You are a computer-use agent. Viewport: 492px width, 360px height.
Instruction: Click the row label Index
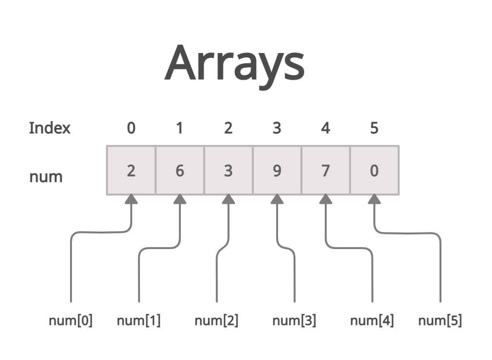[50, 128]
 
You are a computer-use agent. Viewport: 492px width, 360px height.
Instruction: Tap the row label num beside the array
[46, 176]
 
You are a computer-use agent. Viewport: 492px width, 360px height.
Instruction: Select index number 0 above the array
[131, 128]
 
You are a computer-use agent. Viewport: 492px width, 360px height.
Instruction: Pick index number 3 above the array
[277, 128]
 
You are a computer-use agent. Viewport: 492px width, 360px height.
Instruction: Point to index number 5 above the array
[374, 128]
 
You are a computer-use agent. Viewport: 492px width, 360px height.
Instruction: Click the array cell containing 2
[131, 171]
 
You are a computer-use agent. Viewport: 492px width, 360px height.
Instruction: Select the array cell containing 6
[180, 171]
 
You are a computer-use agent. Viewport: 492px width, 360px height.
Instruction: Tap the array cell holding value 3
[228, 171]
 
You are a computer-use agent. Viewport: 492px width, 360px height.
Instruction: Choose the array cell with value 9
[277, 171]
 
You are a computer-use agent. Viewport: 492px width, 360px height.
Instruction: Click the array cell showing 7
[326, 171]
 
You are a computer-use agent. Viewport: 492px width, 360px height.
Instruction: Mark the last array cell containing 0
[374, 171]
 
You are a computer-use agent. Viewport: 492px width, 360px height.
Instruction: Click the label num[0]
[70, 321]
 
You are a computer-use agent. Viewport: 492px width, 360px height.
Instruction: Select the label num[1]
[139, 321]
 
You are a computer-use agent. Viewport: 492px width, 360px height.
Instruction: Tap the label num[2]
[216, 321]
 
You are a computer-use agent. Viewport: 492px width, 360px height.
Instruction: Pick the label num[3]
[294, 321]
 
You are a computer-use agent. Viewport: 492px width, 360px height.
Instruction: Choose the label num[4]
[372, 321]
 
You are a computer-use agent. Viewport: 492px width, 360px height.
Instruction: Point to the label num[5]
[440, 321]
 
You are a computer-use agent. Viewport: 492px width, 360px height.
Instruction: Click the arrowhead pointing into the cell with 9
[277, 199]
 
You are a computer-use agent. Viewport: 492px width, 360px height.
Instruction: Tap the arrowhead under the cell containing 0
[374, 199]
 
